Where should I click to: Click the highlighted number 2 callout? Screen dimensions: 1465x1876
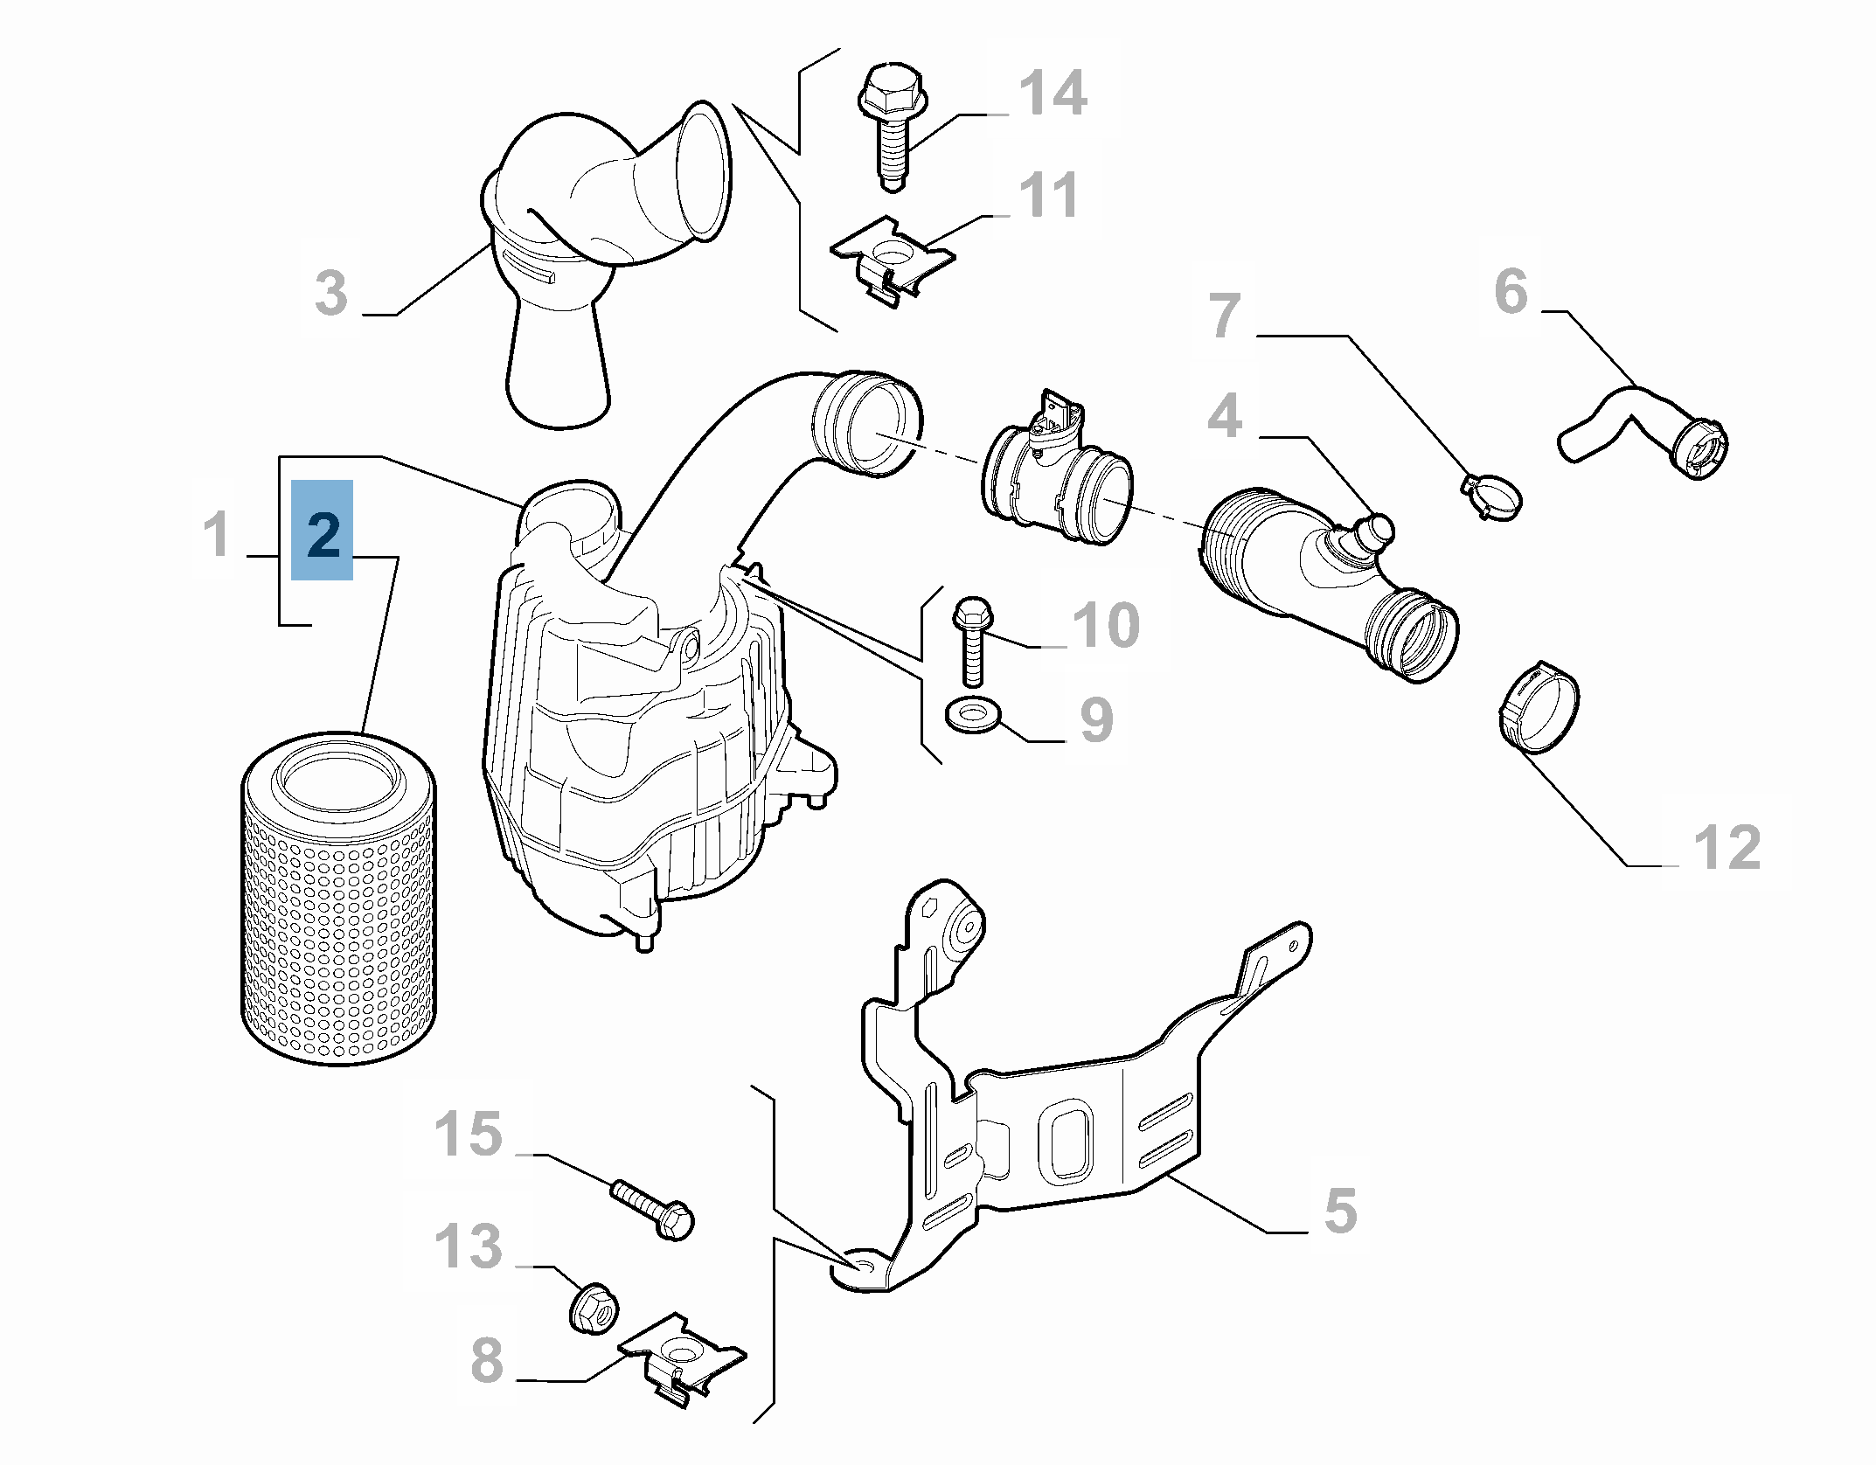(322, 531)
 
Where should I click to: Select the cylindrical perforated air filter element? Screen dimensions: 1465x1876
(337, 900)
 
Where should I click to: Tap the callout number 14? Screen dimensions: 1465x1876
(1053, 93)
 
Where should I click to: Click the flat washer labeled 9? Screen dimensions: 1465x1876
(971, 716)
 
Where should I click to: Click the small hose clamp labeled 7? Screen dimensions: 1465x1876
(1491, 493)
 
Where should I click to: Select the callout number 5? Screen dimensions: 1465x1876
(1340, 1212)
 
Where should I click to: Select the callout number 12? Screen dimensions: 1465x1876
(1727, 847)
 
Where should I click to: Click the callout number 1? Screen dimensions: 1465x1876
(217, 534)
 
